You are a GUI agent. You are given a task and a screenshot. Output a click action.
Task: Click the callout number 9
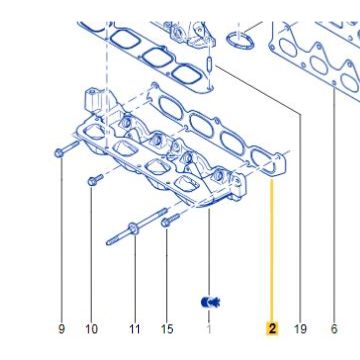pyautogui.click(x=61, y=329)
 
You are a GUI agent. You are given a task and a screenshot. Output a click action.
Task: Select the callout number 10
pyautogui.click(x=92, y=329)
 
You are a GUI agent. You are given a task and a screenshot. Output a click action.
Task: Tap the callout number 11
pyautogui.click(x=135, y=329)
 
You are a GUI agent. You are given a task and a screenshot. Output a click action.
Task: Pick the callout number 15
pyautogui.click(x=167, y=329)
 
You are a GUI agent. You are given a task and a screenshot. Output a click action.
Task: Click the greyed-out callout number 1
pyautogui.click(x=209, y=329)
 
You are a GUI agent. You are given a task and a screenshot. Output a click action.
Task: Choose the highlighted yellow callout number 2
pyautogui.click(x=272, y=329)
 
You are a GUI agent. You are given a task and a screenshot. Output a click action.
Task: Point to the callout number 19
pyautogui.click(x=300, y=329)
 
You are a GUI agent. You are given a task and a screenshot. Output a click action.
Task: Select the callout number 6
pyautogui.click(x=334, y=329)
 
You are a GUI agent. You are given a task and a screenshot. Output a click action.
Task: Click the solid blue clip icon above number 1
pyautogui.click(x=211, y=302)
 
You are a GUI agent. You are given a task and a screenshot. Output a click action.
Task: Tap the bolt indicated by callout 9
pyautogui.click(x=67, y=149)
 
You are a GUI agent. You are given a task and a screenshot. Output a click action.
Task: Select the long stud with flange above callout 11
pyautogui.click(x=137, y=227)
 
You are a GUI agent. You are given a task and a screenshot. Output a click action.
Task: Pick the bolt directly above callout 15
pyautogui.click(x=170, y=220)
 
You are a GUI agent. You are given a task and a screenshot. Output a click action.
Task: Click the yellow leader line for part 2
pyautogui.click(x=272, y=250)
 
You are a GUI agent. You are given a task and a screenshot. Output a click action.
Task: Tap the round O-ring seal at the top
pyautogui.click(x=239, y=40)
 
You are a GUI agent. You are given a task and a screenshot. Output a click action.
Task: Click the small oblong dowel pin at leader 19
pyautogui.click(x=209, y=64)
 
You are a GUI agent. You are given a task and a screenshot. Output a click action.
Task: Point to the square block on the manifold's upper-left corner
pyautogui.click(x=92, y=99)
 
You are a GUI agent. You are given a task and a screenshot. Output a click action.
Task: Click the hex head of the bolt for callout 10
pyautogui.click(x=92, y=182)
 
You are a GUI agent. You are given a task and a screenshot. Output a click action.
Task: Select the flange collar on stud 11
pyautogui.click(x=134, y=229)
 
